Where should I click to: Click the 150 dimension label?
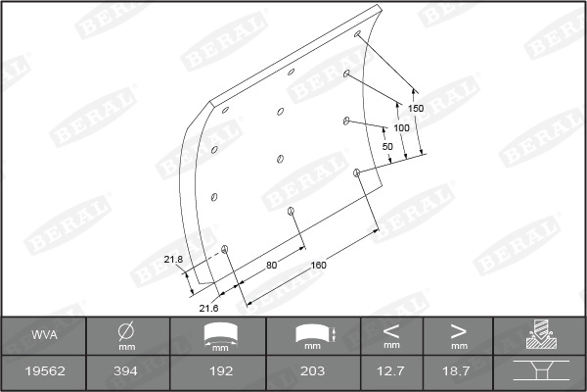point(416,109)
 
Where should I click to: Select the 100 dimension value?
point(401,128)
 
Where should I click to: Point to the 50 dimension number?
point(387,146)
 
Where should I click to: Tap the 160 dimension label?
point(319,265)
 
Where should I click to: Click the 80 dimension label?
point(271,265)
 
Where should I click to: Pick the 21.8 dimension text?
point(173,259)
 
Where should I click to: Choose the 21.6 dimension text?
point(208,309)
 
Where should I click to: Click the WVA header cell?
point(44,334)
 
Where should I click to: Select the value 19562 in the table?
point(45,371)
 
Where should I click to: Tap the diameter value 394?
point(126,371)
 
